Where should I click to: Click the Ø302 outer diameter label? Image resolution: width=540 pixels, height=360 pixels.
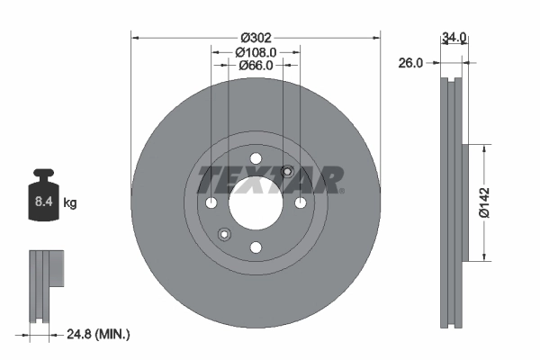tap(256, 38)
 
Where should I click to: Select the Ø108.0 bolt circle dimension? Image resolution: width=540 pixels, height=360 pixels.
tap(256, 52)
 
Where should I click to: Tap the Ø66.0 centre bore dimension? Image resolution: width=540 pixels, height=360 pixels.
tap(256, 66)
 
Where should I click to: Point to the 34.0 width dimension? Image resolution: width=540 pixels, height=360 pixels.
tap(454, 38)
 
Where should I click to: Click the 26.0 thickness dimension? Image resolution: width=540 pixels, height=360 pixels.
tap(411, 63)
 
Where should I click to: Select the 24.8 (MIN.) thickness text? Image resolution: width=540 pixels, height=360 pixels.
tap(99, 334)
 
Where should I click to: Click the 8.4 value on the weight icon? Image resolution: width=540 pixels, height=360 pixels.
tap(43, 203)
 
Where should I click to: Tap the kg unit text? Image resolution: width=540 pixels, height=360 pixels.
tap(70, 203)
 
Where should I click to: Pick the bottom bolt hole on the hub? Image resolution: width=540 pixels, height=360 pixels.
tap(256, 247)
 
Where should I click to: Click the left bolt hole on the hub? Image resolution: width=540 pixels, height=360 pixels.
tap(211, 202)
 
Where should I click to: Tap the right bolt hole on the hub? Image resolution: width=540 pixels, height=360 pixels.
tap(300, 202)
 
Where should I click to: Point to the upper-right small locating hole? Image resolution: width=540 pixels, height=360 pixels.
tap(287, 172)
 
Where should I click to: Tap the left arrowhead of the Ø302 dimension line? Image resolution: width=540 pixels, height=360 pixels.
tap(135, 38)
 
